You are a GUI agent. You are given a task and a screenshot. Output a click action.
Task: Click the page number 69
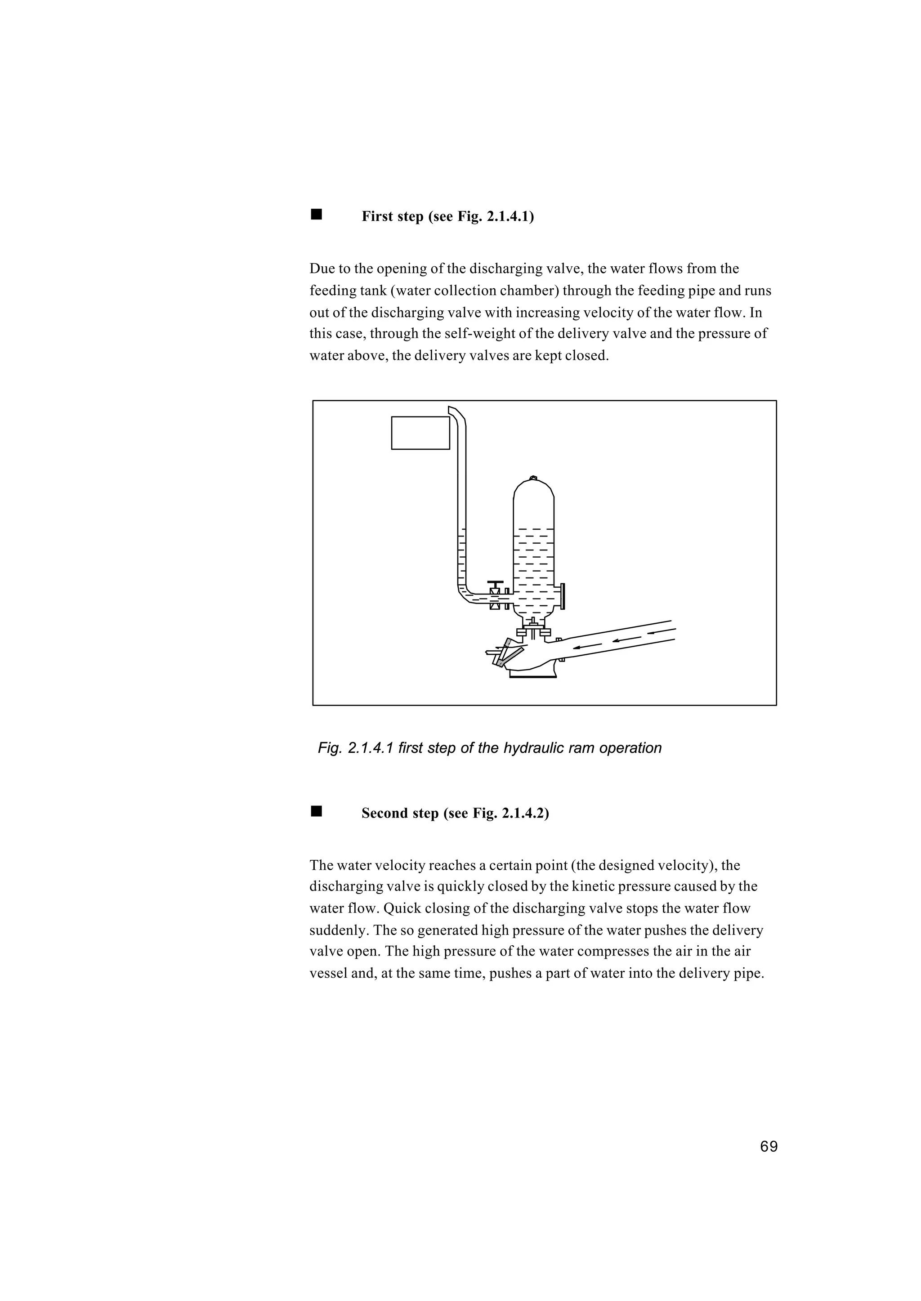pyautogui.click(x=769, y=1147)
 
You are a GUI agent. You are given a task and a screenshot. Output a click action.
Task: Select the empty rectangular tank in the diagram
pyautogui.click(x=420, y=433)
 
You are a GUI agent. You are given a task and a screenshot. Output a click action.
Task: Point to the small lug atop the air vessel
pyautogui.click(x=532, y=478)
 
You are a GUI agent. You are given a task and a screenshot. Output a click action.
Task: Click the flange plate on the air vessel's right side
pyautogui.click(x=563, y=597)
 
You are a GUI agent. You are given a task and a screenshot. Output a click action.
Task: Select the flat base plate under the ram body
pyautogui.click(x=532, y=675)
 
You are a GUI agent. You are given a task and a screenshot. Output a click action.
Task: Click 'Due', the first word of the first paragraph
pyautogui.click(x=322, y=268)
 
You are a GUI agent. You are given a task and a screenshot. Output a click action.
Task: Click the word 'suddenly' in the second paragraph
pyautogui.click(x=336, y=930)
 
